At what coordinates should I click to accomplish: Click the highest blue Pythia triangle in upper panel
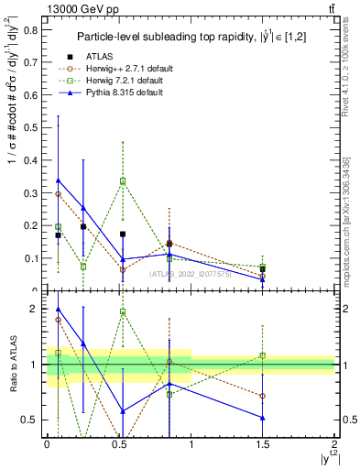59,180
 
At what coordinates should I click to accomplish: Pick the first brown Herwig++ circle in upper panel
59,194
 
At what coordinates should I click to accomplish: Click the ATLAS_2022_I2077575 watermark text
191,273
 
